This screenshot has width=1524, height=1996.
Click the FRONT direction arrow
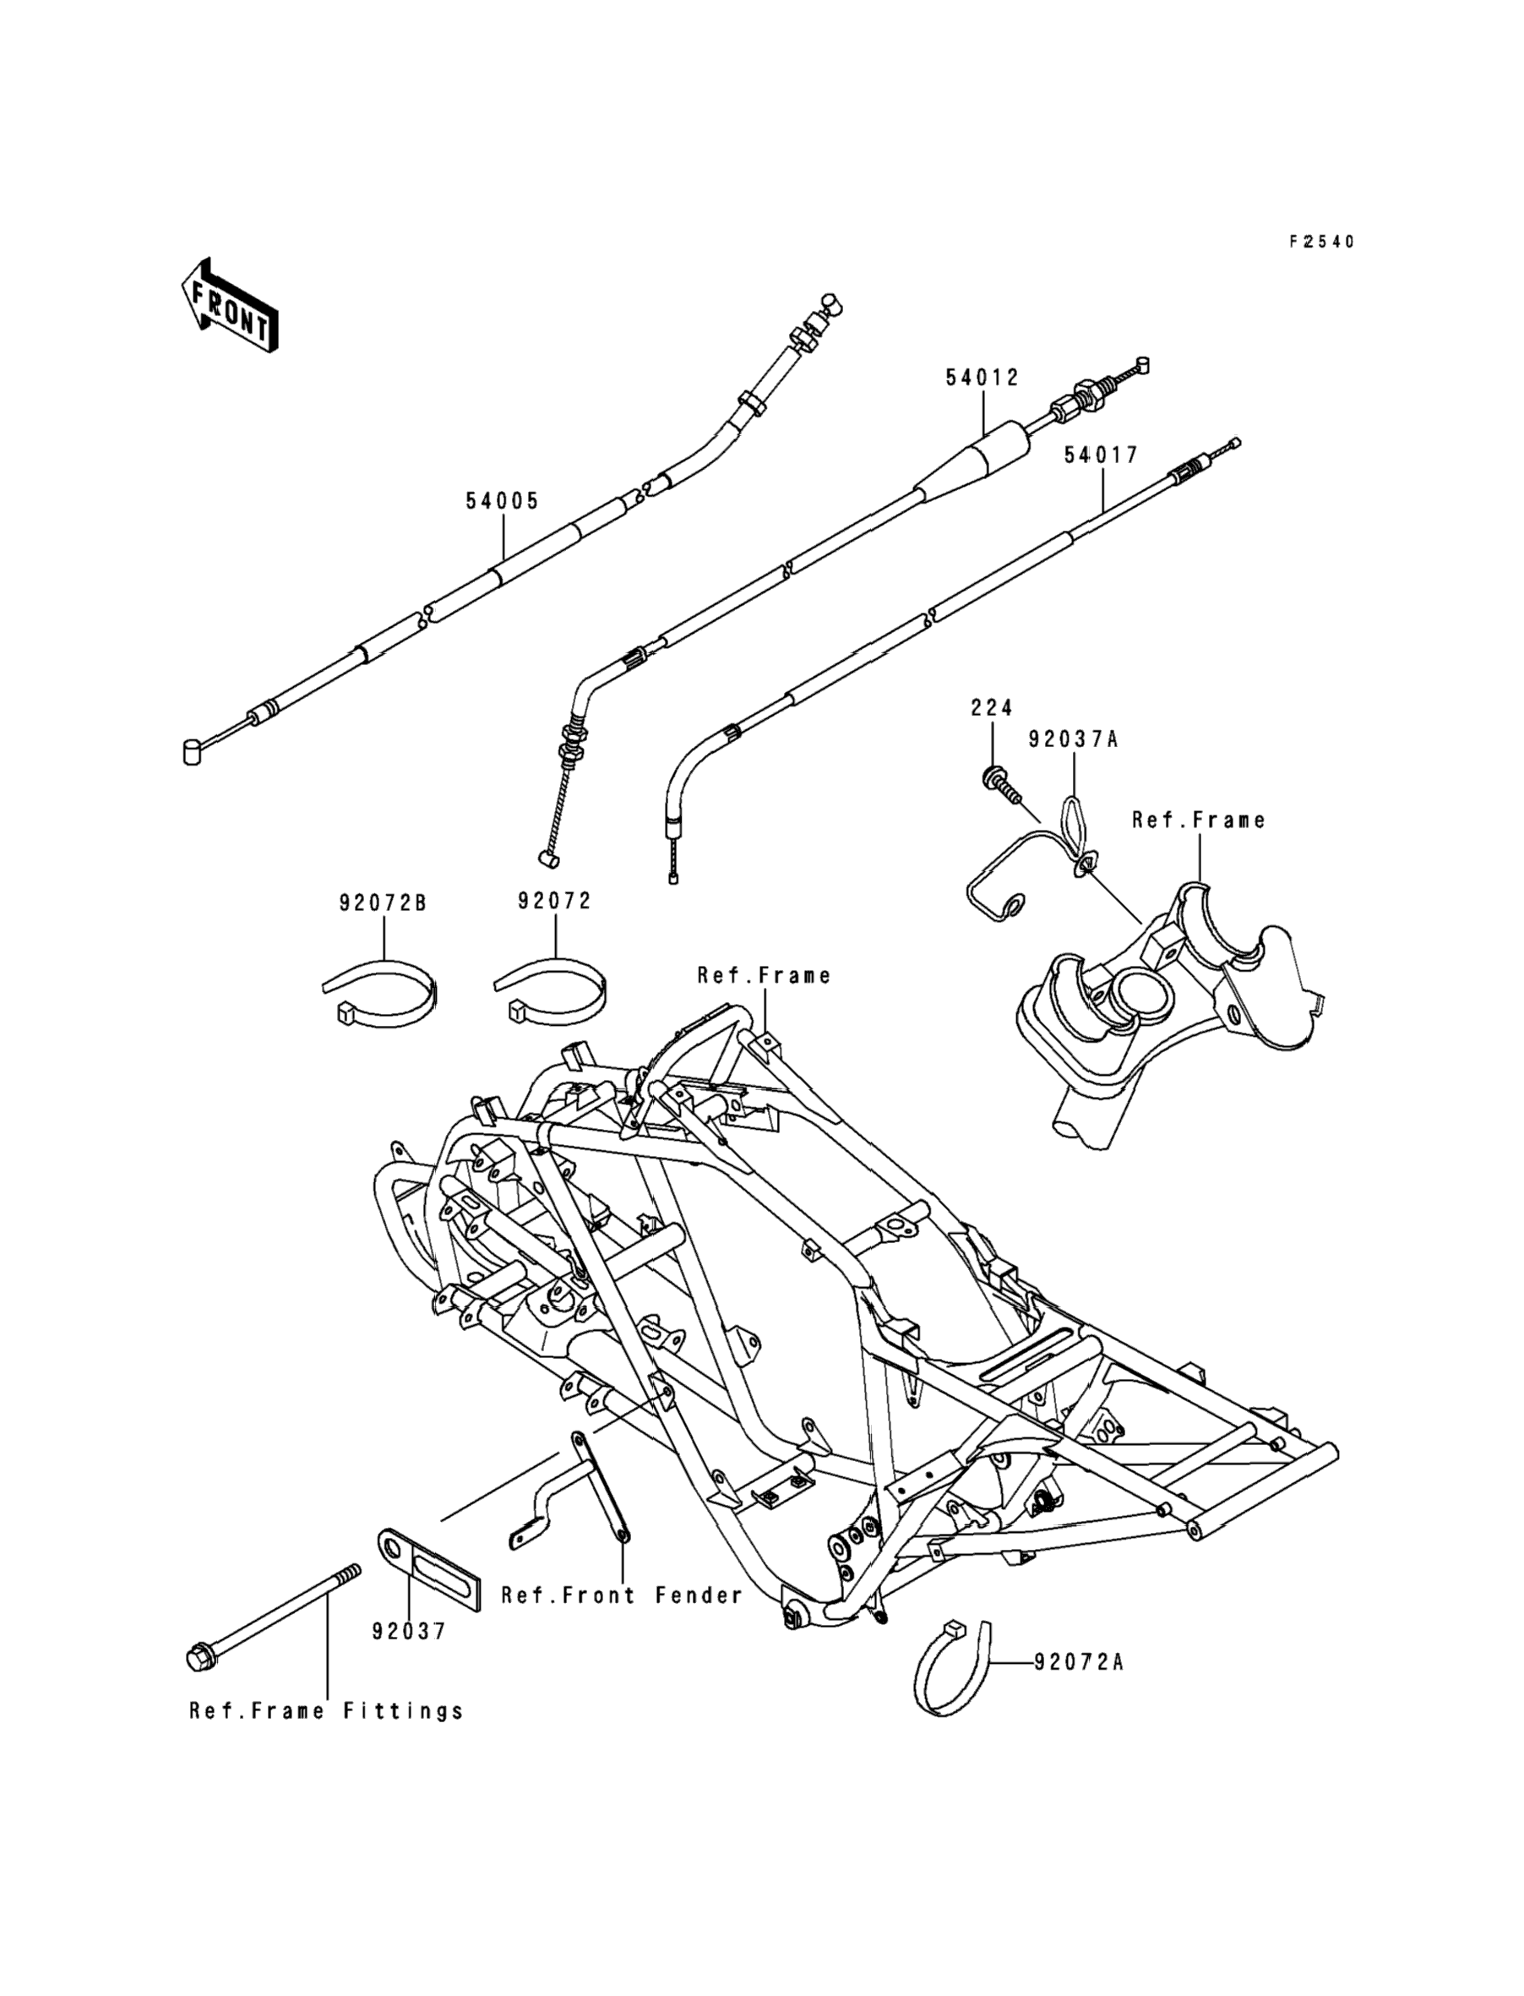[x=230, y=305]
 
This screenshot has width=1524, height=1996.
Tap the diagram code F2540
[x=1322, y=242]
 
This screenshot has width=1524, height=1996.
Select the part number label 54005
[x=503, y=501]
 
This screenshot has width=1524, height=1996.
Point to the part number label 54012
[x=982, y=378]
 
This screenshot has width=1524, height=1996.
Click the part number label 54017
[x=1102, y=455]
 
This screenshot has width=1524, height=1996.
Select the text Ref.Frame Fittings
[x=327, y=1711]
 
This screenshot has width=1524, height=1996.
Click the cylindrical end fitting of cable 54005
[x=193, y=752]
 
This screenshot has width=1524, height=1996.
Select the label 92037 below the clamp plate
[x=409, y=1632]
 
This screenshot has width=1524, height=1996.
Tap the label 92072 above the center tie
[x=554, y=901]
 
